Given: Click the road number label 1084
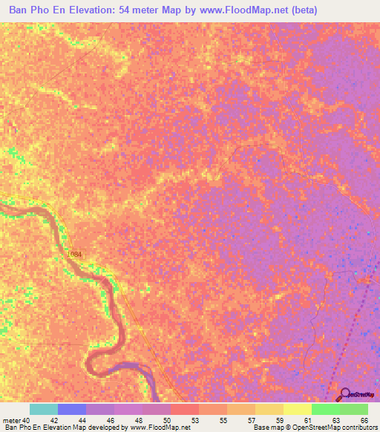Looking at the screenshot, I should point(74,255).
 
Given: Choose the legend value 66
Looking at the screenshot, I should point(364,419).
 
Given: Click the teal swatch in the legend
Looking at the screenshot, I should point(44,409).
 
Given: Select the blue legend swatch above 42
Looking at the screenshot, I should point(72,409).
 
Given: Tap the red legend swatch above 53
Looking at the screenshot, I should point(185,409).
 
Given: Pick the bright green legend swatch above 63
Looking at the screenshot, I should point(326,409).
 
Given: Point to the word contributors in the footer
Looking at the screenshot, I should point(356,428).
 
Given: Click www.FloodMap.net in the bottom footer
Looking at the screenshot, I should point(159,428).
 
